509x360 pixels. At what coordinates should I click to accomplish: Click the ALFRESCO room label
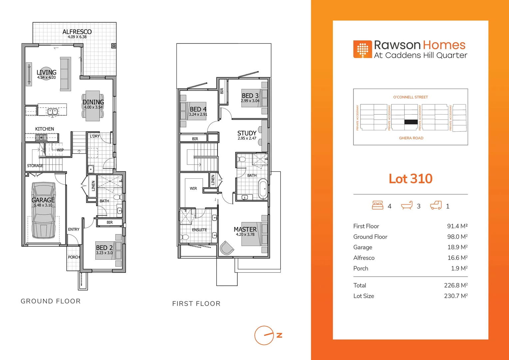[77, 32]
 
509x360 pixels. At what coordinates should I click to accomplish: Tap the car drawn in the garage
[43, 210]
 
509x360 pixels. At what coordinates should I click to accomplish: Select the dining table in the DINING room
[93, 106]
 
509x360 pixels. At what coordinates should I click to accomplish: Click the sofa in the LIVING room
[65, 74]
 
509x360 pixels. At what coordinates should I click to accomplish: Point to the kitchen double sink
[52, 111]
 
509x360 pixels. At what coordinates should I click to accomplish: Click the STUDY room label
[247, 133]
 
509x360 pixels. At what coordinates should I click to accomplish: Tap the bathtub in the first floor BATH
[263, 189]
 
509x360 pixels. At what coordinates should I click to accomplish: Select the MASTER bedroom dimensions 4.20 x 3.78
[245, 235]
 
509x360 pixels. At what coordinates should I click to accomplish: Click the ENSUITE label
[199, 230]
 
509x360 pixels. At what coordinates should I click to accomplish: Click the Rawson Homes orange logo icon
[362, 49]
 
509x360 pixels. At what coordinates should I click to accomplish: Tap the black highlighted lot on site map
[411, 122]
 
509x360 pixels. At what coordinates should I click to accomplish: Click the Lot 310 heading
[410, 179]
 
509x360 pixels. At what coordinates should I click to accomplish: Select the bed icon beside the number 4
[377, 205]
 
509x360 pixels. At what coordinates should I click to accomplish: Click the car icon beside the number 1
[436, 205]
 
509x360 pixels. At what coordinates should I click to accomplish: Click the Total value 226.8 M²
[455, 285]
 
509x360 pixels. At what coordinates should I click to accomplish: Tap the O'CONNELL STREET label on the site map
[410, 97]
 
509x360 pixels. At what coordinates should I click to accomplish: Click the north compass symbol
[264, 335]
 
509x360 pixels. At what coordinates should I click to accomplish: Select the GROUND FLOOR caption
[51, 301]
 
